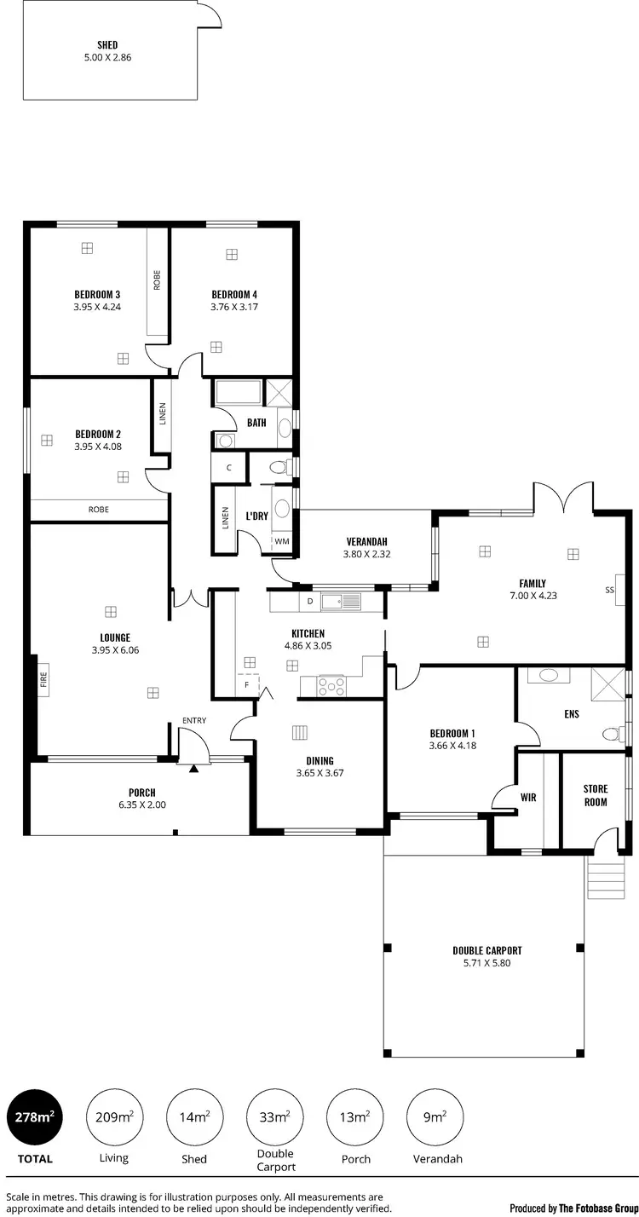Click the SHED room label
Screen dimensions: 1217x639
pyautogui.click(x=107, y=45)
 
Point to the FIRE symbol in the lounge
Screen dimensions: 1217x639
pyautogui.click(x=43, y=679)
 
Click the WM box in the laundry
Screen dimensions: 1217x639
pyautogui.click(x=281, y=542)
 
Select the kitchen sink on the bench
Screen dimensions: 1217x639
pyautogui.click(x=341, y=602)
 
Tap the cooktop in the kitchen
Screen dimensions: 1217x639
pyautogui.click(x=331, y=684)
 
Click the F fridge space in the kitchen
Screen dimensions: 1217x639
pyautogui.click(x=246, y=683)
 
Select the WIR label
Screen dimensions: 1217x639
pyautogui.click(x=528, y=798)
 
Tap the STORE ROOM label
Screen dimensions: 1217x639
pyautogui.click(x=596, y=795)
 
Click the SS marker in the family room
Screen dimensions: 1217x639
pyautogui.click(x=609, y=590)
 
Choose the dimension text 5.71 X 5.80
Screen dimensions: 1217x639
pyautogui.click(x=486, y=963)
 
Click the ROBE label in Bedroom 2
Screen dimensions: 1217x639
pyautogui.click(x=99, y=510)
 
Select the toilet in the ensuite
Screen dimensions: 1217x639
pyautogui.click(x=611, y=734)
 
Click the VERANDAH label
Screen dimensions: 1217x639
pyautogui.click(x=367, y=541)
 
